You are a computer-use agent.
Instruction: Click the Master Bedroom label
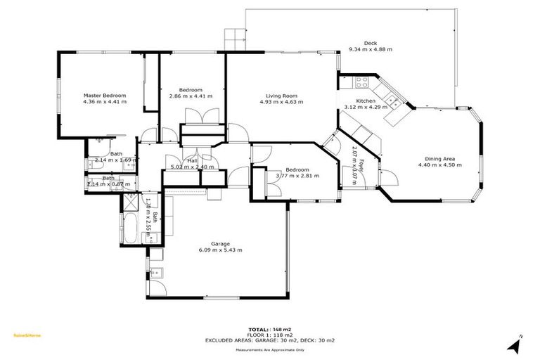[105, 95]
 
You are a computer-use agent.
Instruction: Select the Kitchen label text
[366, 101]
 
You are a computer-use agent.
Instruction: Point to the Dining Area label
[439, 158]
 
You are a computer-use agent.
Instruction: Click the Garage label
[220, 244]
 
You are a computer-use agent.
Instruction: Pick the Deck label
[370, 43]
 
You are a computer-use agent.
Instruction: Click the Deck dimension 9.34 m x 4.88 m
[370, 49]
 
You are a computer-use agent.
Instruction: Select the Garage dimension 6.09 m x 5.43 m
[220, 250]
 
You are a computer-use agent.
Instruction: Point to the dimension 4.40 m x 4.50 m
[439, 165]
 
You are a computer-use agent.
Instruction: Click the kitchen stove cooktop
[363, 83]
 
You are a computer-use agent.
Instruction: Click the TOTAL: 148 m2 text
[270, 329]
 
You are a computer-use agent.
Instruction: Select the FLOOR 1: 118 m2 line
[270, 335]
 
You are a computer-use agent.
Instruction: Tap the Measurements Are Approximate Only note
[270, 349]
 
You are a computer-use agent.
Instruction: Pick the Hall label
[191, 161]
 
